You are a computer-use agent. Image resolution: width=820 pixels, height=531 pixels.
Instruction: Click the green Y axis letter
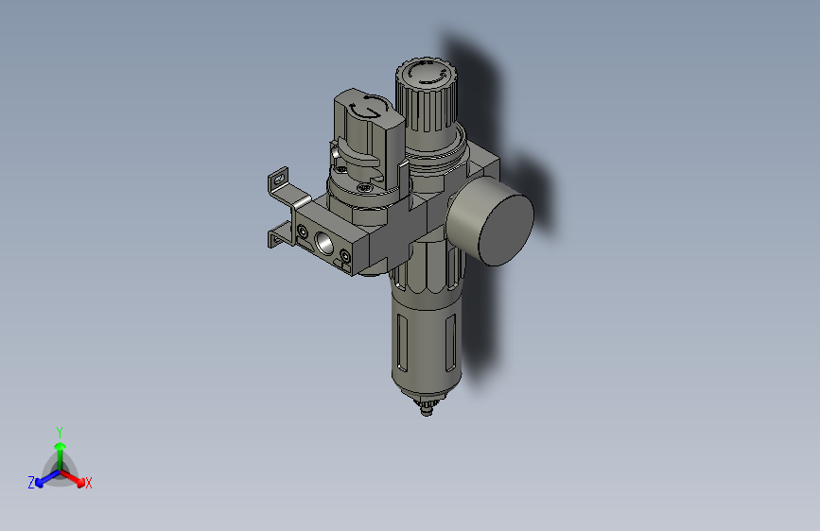[60, 431]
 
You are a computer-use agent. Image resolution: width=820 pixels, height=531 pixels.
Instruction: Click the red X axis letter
[89, 483]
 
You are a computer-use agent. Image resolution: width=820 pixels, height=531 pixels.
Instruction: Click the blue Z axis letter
[31, 482]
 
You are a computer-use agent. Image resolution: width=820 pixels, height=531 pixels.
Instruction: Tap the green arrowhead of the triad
[60, 446]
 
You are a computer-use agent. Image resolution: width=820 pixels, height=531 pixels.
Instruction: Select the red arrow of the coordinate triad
[76, 477]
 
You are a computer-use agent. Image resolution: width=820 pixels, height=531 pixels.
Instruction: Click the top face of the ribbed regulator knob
[424, 72]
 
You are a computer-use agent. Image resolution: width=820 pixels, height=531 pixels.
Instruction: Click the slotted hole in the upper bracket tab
[278, 177]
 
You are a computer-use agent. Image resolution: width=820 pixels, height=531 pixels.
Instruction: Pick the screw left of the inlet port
[302, 231]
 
